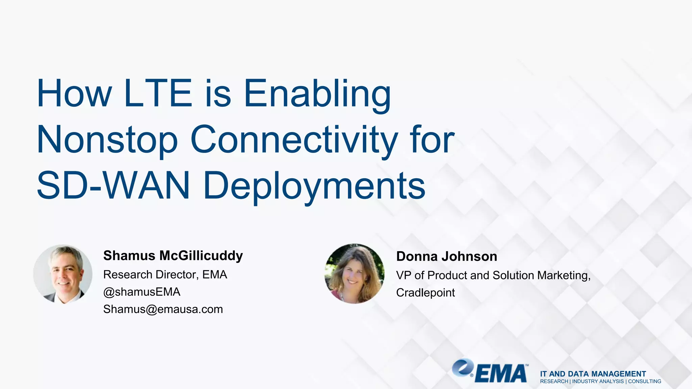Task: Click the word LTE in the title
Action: [158, 93]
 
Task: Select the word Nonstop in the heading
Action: [107, 140]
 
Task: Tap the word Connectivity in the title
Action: [294, 140]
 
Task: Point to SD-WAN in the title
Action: [113, 185]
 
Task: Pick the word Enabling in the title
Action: [317, 94]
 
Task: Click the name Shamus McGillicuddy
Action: [173, 256]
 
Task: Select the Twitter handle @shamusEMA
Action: [142, 292]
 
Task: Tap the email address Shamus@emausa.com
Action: [163, 309]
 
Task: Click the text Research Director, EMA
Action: [165, 275]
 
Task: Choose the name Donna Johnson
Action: [446, 256]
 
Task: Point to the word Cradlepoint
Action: [425, 292]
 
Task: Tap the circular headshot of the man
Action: [63, 274]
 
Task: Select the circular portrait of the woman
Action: [354, 274]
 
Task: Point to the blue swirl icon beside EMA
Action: [463, 368]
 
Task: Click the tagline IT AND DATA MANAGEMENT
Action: [593, 374]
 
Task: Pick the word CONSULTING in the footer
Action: [644, 382]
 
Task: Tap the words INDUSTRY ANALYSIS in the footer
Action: [598, 382]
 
